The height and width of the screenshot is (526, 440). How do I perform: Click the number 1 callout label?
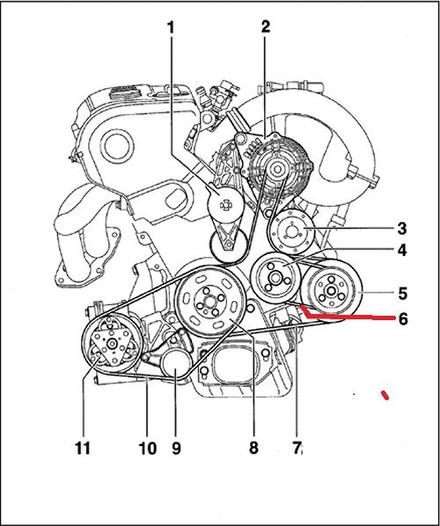pos(170,28)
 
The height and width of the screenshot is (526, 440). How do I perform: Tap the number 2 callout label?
pos(264,28)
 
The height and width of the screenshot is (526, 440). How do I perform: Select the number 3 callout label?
pos(401,227)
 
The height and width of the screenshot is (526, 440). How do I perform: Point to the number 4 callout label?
pos(401,251)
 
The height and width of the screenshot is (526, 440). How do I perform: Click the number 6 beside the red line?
pos(402,318)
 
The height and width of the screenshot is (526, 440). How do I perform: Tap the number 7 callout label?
pos(297,449)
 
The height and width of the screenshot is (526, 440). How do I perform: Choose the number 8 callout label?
pos(253,449)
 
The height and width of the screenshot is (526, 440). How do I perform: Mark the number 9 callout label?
pos(176,449)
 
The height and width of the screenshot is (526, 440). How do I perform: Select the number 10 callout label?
pos(147,449)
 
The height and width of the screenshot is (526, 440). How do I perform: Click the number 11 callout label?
pos(83,449)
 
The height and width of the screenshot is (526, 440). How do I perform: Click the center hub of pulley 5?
pos(332,291)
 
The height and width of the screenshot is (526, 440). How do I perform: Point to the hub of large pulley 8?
pos(209,303)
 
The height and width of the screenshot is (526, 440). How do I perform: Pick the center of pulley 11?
pos(112,347)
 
